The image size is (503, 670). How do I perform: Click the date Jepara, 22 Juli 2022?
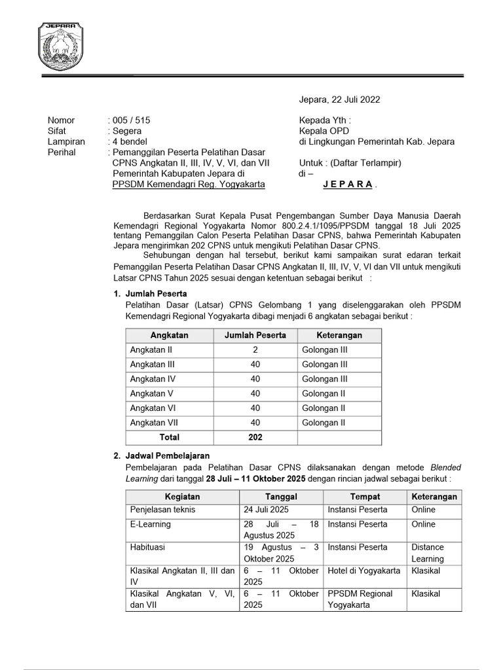coord(339,99)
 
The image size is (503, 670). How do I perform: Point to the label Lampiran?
coord(66,141)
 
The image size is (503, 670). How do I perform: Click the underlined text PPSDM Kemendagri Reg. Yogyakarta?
coord(189,185)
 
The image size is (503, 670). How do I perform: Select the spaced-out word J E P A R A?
coord(349,185)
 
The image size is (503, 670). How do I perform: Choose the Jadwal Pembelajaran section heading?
coord(167,455)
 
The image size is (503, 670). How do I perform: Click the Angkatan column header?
coord(169,335)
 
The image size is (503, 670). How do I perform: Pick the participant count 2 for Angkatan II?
coord(255,350)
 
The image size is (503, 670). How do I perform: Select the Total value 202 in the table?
coord(255,437)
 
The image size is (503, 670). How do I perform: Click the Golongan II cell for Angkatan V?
coord(324,394)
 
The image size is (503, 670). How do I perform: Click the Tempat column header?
coord(365,497)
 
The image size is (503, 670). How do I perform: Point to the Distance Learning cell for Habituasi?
coord(428,553)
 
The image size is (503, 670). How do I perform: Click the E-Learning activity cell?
coord(151,524)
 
